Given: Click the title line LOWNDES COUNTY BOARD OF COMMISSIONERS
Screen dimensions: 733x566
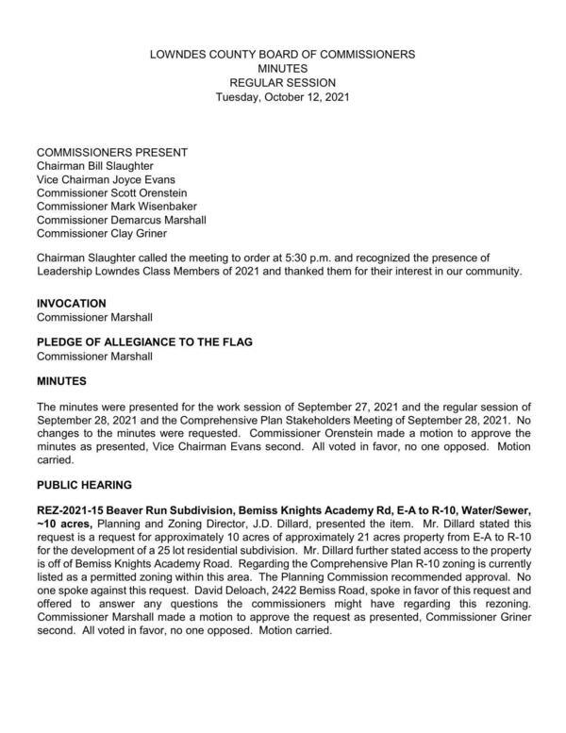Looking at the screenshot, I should [x=283, y=55].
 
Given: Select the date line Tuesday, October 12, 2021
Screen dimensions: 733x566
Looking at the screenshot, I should [x=283, y=97].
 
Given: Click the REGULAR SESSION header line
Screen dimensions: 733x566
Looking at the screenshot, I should [x=283, y=83].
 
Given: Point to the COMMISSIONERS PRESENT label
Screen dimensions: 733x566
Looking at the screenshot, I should [x=111, y=152].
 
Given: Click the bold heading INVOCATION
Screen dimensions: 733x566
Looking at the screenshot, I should [x=71, y=304].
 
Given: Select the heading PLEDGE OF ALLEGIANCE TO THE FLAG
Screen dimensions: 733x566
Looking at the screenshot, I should [x=141, y=343].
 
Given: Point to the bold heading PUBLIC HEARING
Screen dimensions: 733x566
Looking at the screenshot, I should [x=83, y=485].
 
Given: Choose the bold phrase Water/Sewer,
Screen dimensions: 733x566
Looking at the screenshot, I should [x=491, y=511].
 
